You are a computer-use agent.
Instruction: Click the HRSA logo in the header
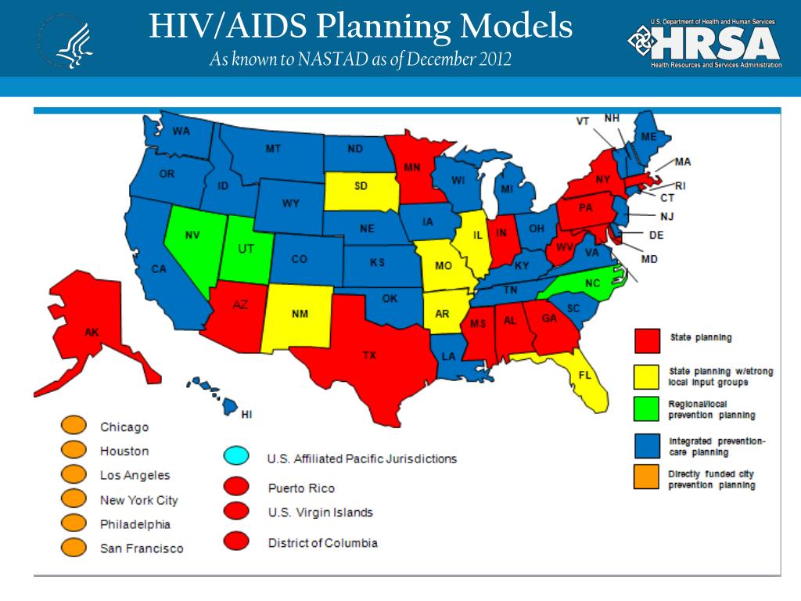(704, 42)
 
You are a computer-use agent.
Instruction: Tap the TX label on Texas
(369, 355)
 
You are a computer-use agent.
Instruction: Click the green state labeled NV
(192, 235)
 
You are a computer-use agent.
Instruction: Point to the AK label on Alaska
(92, 332)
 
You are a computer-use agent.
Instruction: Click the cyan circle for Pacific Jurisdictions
(237, 455)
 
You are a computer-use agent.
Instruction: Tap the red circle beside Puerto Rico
(237, 487)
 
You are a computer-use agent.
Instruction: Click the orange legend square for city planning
(646, 478)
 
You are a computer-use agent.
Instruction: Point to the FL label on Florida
(584, 375)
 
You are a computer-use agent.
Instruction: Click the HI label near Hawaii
(246, 413)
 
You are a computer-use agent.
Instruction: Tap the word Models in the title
(515, 28)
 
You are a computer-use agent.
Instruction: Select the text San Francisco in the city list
(142, 549)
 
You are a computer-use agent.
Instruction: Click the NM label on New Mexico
(300, 314)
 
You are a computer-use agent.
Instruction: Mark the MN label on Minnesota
(412, 167)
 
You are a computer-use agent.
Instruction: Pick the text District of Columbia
(322, 542)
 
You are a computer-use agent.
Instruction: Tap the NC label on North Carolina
(592, 283)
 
